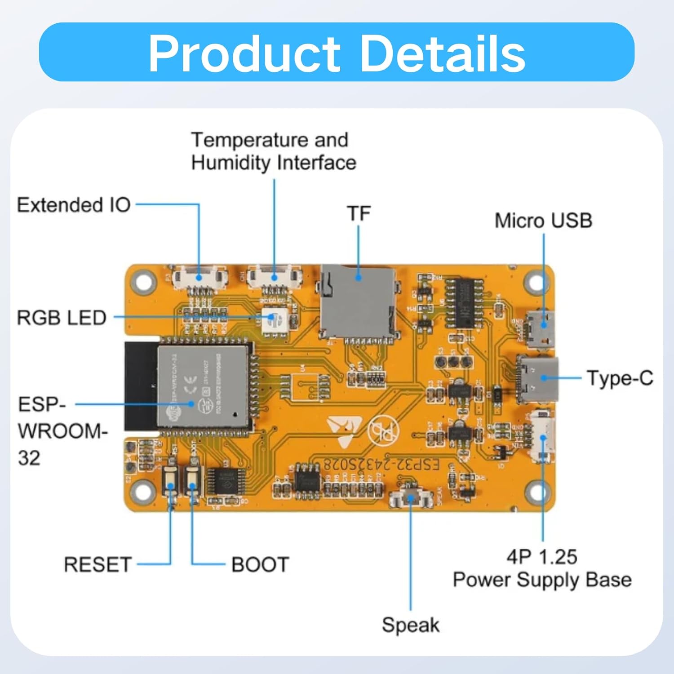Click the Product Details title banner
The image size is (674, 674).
pyautogui.click(x=337, y=52)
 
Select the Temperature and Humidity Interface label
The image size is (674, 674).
pyautogui.click(x=273, y=151)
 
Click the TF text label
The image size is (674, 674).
pyautogui.click(x=359, y=214)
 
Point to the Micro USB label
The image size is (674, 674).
pyautogui.click(x=543, y=221)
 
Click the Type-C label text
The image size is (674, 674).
pyautogui.click(x=620, y=378)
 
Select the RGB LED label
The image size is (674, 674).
pyautogui.click(x=62, y=318)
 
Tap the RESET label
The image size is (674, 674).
pyautogui.click(x=98, y=564)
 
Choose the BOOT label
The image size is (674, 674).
pyautogui.click(x=260, y=564)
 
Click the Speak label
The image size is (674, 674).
pyautogui.click(x=410, y=625)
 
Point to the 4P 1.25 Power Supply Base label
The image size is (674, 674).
pyautogui.click(x=542, y=568)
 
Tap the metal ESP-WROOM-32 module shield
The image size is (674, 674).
pyautogui.click(x=202, y=386)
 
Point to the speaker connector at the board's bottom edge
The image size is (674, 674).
pyautogui.click(x=410, y=499)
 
